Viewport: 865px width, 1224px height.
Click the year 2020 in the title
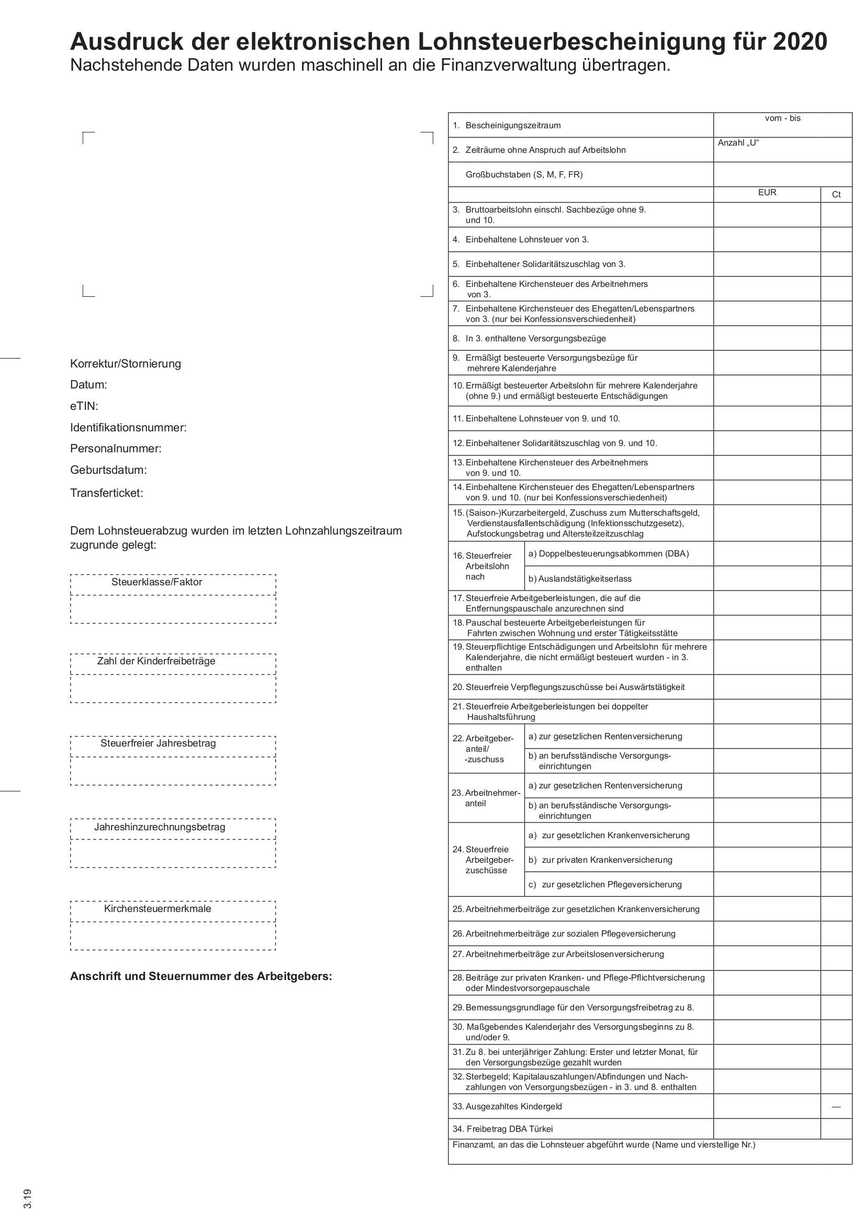coord(800,41)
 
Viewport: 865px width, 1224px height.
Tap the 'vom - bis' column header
coord(782,118)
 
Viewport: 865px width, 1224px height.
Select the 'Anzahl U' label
coord(738,143)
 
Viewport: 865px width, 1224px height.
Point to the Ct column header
coord(836,195)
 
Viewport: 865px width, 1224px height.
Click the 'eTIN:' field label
coord(84,406)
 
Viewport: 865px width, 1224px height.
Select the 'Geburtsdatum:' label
coord(108,470)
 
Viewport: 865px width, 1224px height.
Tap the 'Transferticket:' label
coord(107,493)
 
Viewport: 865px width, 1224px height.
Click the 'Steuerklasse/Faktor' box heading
coord(156,582)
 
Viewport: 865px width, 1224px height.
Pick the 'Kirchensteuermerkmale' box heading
coord(157,909)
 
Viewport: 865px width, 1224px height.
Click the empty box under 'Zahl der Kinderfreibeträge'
coord(173,689)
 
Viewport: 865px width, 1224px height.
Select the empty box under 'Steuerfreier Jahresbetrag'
coord(173,771)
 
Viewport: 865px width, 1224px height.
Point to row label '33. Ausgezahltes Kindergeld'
coord(507,1107)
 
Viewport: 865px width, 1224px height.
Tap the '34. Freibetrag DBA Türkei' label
coord(510,1129)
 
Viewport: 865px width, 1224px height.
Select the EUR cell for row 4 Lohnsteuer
coord(767,240)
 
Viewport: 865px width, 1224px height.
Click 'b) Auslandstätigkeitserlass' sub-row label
coord(579,579)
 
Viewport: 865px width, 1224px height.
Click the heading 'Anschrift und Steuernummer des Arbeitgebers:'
coord(201,976)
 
